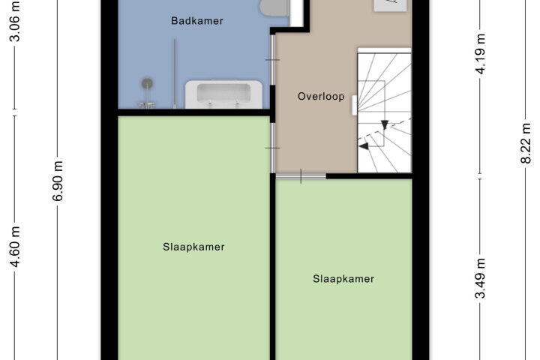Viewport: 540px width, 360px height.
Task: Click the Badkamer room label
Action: [197, 21]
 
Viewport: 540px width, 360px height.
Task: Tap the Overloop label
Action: [321, 97]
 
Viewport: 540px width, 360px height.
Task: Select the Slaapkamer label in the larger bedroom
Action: [193, 247]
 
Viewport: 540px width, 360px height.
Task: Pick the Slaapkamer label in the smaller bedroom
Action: [343, 279]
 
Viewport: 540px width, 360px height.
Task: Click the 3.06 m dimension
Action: [15, 21]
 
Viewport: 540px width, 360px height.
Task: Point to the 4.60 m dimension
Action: [15, 247]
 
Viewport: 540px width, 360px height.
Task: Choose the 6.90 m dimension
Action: [58, 181]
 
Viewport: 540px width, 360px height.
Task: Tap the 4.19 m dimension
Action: [480, 54]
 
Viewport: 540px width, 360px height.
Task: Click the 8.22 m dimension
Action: [526, 143]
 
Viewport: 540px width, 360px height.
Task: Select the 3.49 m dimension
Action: [480, 278]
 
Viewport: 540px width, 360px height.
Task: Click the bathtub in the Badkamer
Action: [223, 94]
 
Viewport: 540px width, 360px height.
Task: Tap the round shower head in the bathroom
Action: [148, 83]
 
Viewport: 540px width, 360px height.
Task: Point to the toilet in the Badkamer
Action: [274, 7]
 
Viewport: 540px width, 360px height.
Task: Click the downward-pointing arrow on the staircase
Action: [385, 124]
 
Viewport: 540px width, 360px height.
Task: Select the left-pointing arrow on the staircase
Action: [364, 146]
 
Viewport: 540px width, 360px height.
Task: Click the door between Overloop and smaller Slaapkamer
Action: [301, 176]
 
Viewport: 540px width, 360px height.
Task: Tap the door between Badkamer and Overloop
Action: [272, 59]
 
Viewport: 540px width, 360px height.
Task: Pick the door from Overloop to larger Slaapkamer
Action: [272, 148]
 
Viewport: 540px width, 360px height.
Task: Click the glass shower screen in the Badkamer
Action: [175, 73]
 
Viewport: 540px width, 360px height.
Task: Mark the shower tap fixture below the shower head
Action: [147, 104]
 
